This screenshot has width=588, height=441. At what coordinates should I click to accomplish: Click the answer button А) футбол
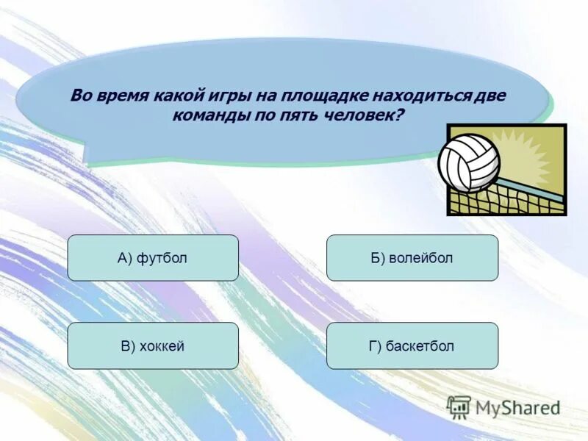click(x=153, y=258)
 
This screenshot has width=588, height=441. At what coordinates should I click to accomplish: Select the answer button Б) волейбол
click(x=412, y=258)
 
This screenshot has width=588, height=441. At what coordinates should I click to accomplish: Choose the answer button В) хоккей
click(x=153, y=345)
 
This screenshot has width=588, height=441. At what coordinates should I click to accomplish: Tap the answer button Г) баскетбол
click(x=412, y=345)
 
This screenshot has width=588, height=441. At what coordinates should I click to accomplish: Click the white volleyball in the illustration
click(x=468, y=162)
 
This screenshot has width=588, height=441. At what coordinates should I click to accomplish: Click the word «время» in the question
click(x=123, y=96)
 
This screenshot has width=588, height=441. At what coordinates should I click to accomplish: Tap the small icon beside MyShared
click(x=459, y=406)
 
